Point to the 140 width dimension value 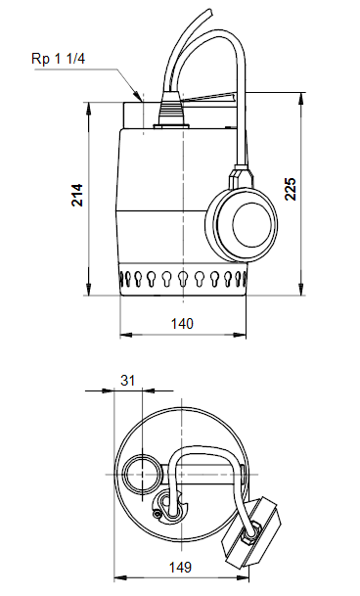182,322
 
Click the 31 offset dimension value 124,380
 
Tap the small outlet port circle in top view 139,473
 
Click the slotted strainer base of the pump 183,281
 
